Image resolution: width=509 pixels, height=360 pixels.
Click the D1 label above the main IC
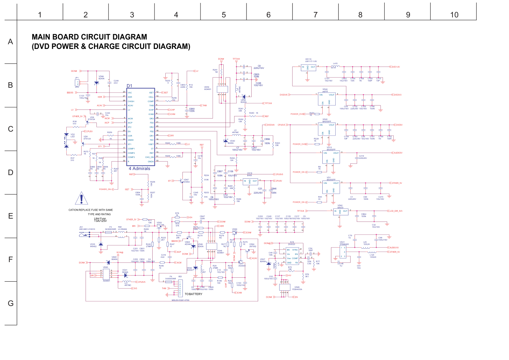click(x=129, y=86)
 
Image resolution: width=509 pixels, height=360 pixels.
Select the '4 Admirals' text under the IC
click(x=139, y=169)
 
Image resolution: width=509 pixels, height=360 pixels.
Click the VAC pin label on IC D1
click(x=130, y=93)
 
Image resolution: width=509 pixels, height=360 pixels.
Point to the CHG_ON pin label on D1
click(x=150, y=157)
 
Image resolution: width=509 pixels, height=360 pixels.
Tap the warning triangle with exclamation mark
click(x=82, y=199)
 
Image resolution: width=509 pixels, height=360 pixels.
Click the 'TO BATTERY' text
click(x=194, y=294)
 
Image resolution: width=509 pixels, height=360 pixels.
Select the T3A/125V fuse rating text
click(x=100, y=221)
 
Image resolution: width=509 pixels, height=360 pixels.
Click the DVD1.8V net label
click(x=396, y=67)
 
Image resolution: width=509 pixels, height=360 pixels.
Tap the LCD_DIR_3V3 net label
click(x=396, y=211)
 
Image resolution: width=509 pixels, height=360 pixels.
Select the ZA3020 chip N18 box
click(x=292, y=256)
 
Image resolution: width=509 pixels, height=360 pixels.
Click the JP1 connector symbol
click(x=77, y=83)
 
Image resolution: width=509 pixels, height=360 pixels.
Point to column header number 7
click(x=315, y=15)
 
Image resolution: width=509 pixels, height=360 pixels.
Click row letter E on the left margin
click(x=11, y=216)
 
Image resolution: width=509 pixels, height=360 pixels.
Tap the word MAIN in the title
click(x=41, y=37)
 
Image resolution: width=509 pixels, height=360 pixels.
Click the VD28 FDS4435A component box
click(x=285, y=287)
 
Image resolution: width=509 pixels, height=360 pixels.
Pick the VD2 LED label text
click(x=73, y=136)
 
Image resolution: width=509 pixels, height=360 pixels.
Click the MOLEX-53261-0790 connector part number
click(x=180, y=300)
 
